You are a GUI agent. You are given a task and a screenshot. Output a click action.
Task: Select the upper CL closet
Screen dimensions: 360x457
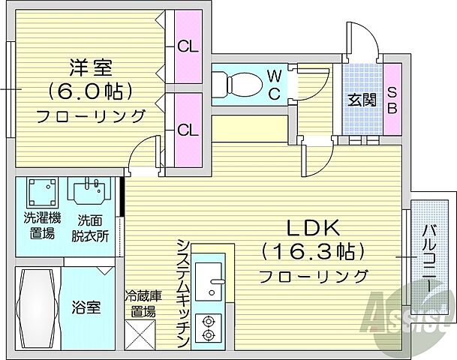coord(188,46)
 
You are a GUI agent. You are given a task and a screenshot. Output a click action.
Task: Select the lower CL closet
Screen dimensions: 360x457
coord(188,129)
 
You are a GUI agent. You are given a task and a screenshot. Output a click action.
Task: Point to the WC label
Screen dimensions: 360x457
coord(275,83)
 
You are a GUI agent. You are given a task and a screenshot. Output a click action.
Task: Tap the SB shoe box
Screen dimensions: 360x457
coord(392,99)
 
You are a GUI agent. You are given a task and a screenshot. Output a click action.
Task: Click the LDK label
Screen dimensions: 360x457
coord(312,227)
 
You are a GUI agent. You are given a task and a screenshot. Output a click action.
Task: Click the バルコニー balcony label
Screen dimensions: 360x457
coord(428,259)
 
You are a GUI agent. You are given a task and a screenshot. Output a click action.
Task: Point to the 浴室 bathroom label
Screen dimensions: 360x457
coord(86,307)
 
